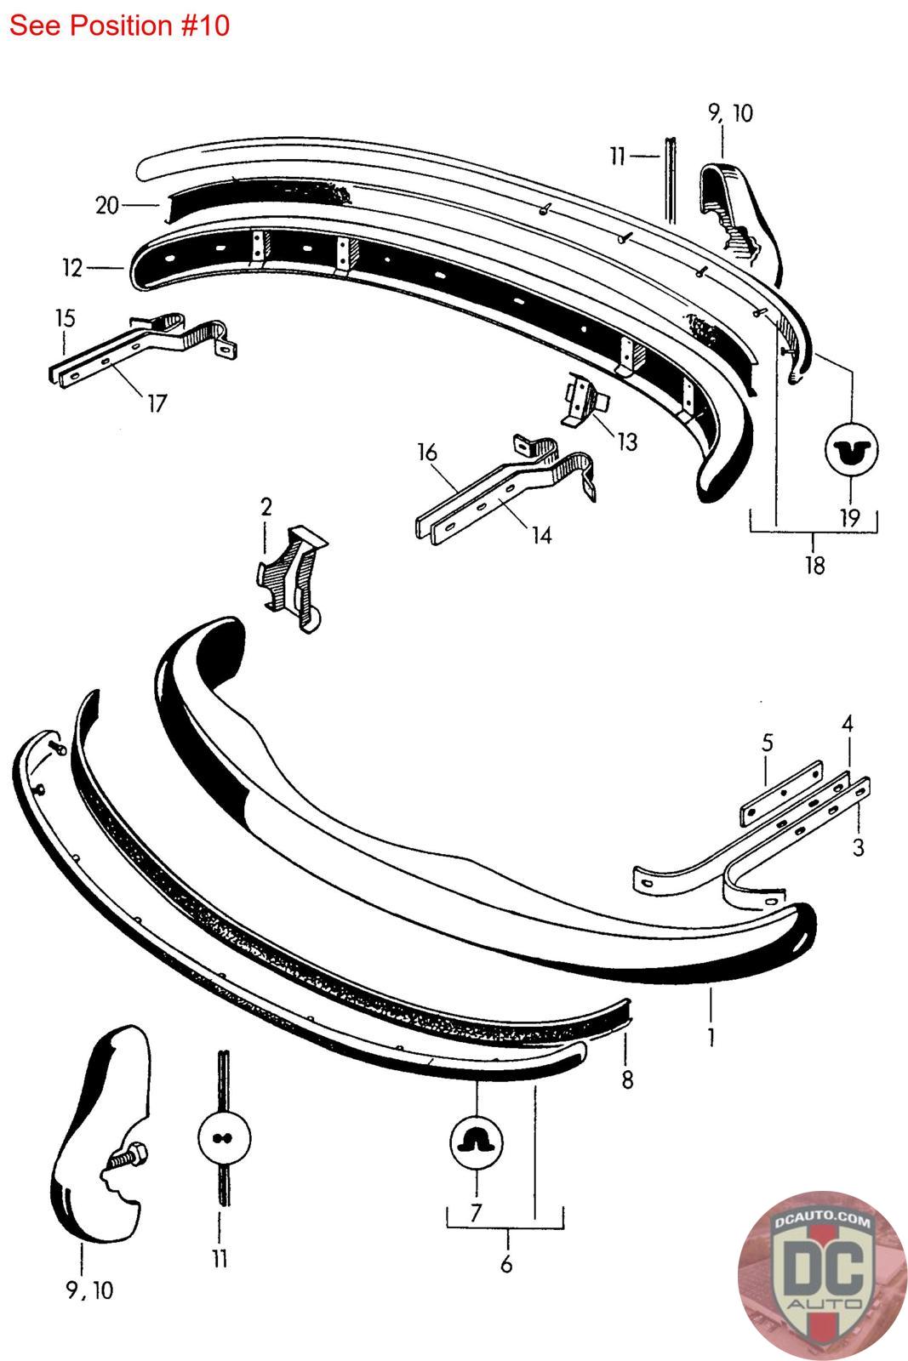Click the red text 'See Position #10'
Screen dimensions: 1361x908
[x=119, y=26]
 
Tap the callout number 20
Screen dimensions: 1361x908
[x=106, y=205]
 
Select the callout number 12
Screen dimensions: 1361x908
[x=72, y=268]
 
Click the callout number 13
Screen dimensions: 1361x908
[x=627, y=441]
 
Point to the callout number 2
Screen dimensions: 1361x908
[x=266, y=508]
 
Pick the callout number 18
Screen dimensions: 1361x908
[x=814, y=565]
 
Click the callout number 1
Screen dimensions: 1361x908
[x=711, y=1037]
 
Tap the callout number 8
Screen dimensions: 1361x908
[x=627, y=1079]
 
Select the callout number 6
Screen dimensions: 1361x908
[x=506, y=1265]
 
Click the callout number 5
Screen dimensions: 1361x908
[x=767, y=742]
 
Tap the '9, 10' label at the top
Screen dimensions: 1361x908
[x=730, y=113]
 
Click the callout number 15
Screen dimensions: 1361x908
[x=65, y=318]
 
